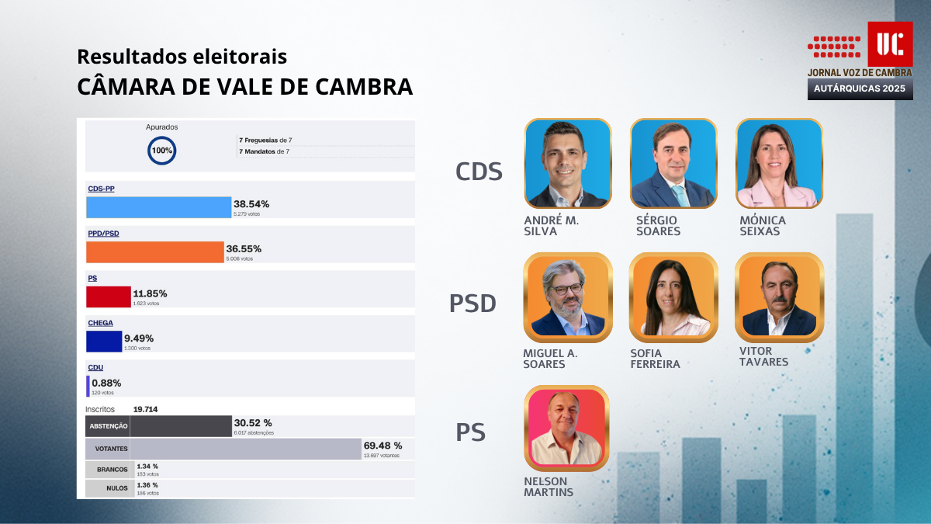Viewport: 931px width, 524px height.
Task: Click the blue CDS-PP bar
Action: (158, 207)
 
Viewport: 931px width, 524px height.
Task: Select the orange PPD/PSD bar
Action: (154, 252)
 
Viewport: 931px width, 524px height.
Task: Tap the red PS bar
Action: (108, 297)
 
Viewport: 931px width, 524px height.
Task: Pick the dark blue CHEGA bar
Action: (104, 342)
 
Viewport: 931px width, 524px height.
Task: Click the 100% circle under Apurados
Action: (162, 150)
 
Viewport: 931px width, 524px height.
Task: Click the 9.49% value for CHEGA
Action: (139, 338)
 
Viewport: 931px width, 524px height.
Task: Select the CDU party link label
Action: (95, 367)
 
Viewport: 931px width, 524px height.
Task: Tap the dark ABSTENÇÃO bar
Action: (181, 426)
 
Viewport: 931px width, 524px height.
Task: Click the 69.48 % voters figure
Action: (382, 446)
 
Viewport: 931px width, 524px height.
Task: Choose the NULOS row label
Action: (108, 489)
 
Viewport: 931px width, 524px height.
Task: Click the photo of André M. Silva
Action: (568, 164)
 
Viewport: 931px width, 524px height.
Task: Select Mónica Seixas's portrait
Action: (778, 164)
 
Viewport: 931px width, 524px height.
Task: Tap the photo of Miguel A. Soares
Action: (568, 298)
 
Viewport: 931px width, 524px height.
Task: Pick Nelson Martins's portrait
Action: (567, 429)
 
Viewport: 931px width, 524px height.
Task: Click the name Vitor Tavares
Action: (763, 356)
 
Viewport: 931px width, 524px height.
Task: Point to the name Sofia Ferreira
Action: (655, 359)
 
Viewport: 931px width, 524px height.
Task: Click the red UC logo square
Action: (889, 43)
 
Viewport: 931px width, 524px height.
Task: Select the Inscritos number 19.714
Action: (151, 409)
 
